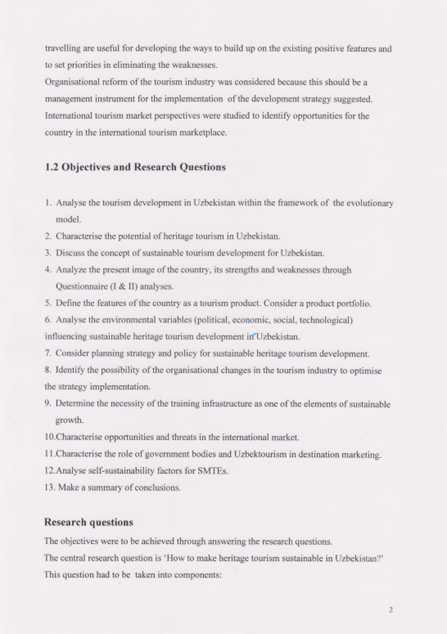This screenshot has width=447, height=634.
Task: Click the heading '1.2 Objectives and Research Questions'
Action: tap(135, 167)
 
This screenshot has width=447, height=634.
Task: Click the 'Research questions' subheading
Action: tap(89, 522)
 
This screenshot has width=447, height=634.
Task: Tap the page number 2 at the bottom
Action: tap(391, 609)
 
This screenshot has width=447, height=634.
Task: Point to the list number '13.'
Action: tap(50, 488)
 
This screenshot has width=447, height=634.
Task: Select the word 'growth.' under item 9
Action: tap(69, 420)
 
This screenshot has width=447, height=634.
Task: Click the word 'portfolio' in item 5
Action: tap(354, 303)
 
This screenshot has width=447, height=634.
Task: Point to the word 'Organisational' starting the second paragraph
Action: tap(72, 82)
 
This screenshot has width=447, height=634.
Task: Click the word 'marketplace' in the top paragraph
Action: tap(203, 132)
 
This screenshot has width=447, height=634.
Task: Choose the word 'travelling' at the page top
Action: tap(62, 48)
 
